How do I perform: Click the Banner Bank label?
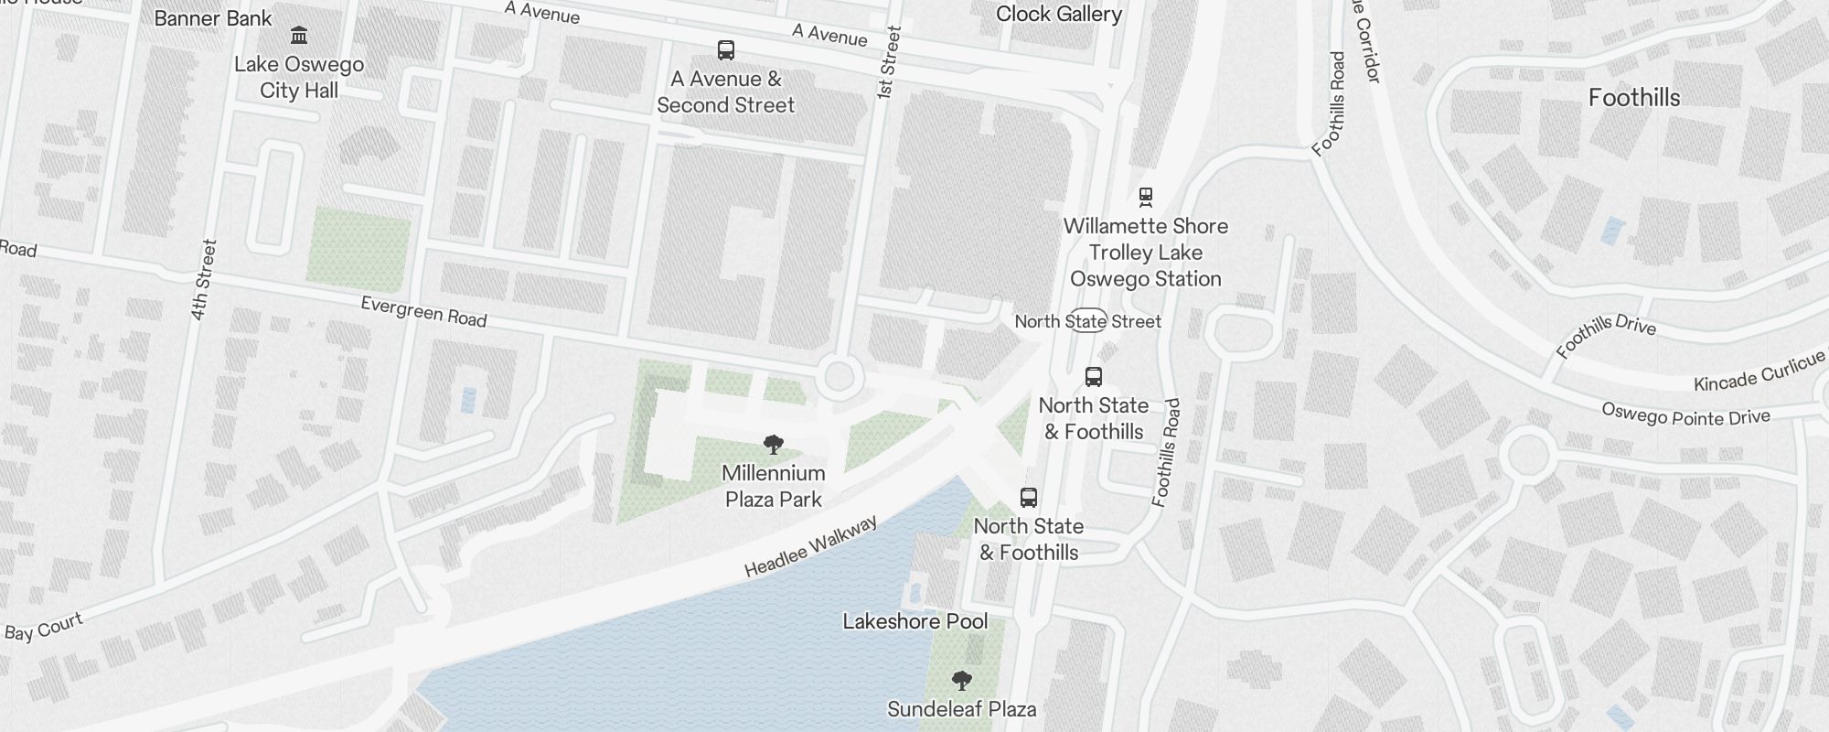coord(213,18)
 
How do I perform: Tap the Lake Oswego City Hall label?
coord(299,78)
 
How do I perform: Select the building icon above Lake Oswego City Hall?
coord(299,36)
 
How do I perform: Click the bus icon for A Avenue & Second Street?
coord(726,49)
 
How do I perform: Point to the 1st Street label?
coord(888,62)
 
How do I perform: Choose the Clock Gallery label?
coord(1059,14)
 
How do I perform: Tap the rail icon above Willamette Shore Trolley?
coord(1145,196)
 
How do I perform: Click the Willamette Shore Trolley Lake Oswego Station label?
coord(1146,253)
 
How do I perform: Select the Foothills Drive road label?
coord(1605,335)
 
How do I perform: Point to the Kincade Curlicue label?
coord(1759,371)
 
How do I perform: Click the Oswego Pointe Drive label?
coord(1685,415)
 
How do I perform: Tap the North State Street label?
coord(1087,321)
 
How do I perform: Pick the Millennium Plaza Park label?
coord(774,486)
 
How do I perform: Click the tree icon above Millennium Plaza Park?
coord(774,446)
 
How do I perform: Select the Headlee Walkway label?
coord(810,546)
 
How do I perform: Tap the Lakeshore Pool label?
coord(915,621)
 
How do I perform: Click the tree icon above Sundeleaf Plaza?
coord(961,681)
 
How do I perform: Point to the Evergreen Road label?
coord(423,312)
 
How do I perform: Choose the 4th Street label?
coord(203,279)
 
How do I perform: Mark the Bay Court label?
coord(44,627)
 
